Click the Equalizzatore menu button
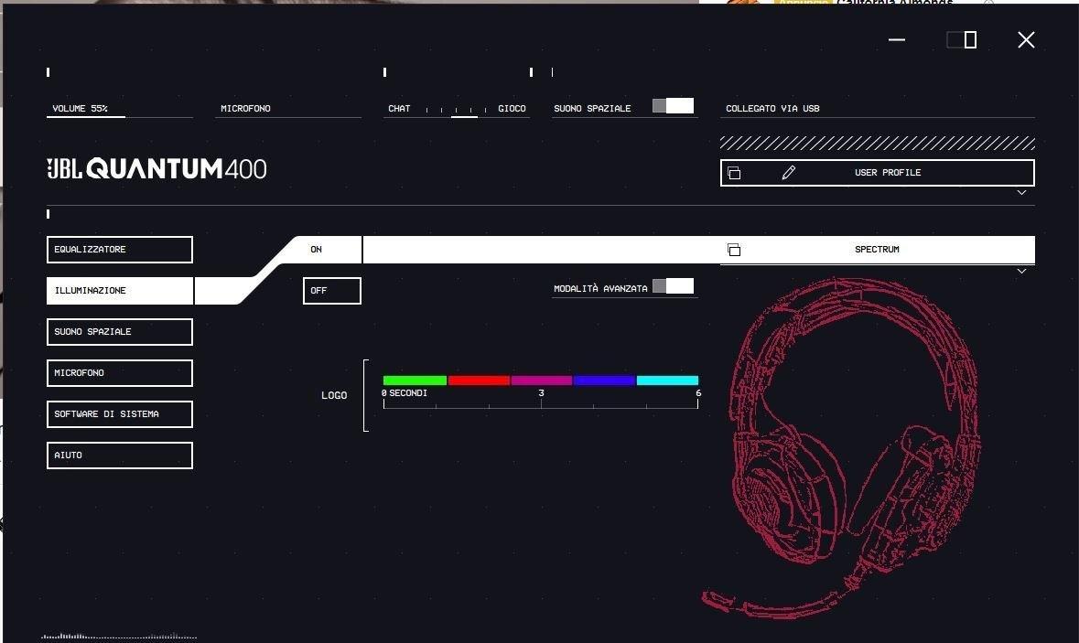click(120, 250)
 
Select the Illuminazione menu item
click(120, 291)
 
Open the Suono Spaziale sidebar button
click(120, 332)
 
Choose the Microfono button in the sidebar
click(120, 373)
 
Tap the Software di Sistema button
click(120, 414)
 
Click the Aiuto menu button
click(120, 455)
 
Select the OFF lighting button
click(331, 291)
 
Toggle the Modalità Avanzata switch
click(673, 286)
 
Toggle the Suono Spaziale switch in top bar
click(673, 106)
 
